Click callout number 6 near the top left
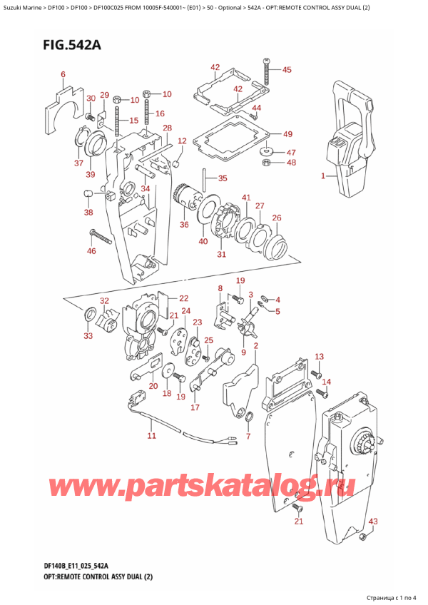(x=63, y=74)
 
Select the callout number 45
(x=287, y=70)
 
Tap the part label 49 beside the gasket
(x=287, y=134)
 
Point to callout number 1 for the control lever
(x=323, y=176)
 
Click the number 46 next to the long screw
(x=91, y=251)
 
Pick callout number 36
(x=185, y=225)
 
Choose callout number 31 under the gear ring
(x=222, y=255)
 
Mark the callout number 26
(x=277, y=218)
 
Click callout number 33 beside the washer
(x=87, y=335)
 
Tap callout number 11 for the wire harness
(x=151, y=435)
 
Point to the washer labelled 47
(x=269, y=151)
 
